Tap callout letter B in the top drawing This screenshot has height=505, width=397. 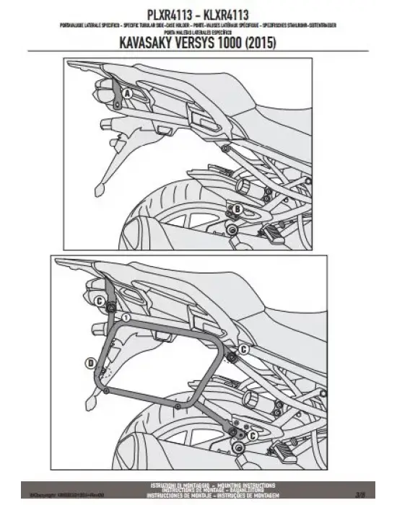tap(236, 210)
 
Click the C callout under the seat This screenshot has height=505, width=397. tap(243, 350)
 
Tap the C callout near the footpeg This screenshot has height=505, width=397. tap(253, 436)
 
